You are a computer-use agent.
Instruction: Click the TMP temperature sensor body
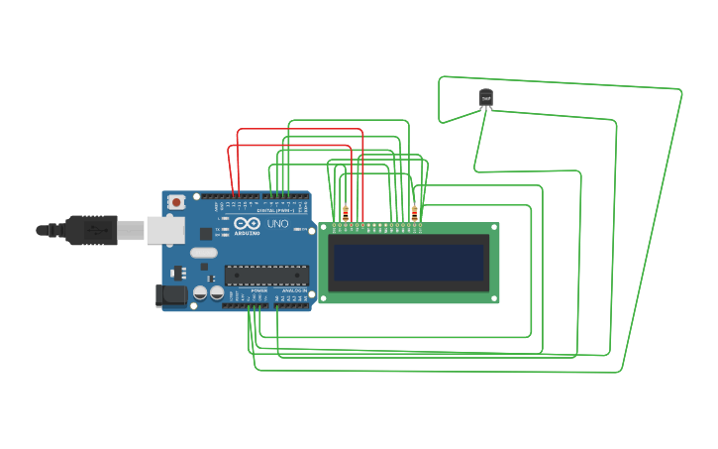[485, 98]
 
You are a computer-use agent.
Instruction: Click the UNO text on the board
[278, 225]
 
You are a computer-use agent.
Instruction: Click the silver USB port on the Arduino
[164, 230]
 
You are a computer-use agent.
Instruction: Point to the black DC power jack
[171, 294]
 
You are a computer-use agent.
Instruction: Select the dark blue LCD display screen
[408, 263]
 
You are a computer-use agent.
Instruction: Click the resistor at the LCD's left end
[345, 212]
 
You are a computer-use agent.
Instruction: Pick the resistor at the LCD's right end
[414, 212]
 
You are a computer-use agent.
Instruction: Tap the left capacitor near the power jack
[200, 293]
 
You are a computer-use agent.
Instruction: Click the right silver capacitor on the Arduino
[216, 293]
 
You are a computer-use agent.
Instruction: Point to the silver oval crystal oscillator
[204, 253]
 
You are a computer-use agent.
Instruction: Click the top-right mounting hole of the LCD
[493, 228]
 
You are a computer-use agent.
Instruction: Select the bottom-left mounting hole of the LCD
[323, 296]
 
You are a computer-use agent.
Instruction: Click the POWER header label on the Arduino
[258, 290]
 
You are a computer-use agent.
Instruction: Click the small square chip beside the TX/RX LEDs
[206, 234]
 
